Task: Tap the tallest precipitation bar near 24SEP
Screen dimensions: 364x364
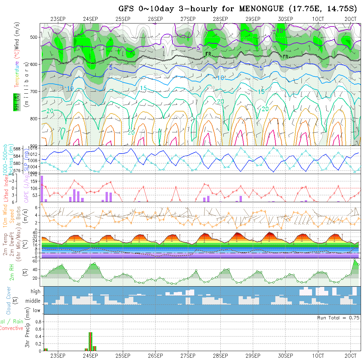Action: coord(90,341)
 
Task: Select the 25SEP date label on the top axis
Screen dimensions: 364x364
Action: coord(123,19)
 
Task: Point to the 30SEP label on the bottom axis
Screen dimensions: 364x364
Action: coord(285,356)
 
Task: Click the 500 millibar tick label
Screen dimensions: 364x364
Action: coord(34,37)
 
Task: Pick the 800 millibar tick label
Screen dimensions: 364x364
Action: coord(34,118)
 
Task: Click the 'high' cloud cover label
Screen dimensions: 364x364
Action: coord(35,292)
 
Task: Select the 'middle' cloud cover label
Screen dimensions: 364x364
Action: coord(33,301)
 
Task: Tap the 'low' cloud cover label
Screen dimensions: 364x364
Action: coord(36,310)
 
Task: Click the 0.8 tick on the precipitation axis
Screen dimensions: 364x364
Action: coord(37,322)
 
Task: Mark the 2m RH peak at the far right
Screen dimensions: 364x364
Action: coord(354,260)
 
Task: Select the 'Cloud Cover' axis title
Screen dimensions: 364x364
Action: coord(9,300)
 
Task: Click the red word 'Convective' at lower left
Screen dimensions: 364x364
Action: coord(12,328)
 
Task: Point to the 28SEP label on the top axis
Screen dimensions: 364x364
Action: coord(220,19)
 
